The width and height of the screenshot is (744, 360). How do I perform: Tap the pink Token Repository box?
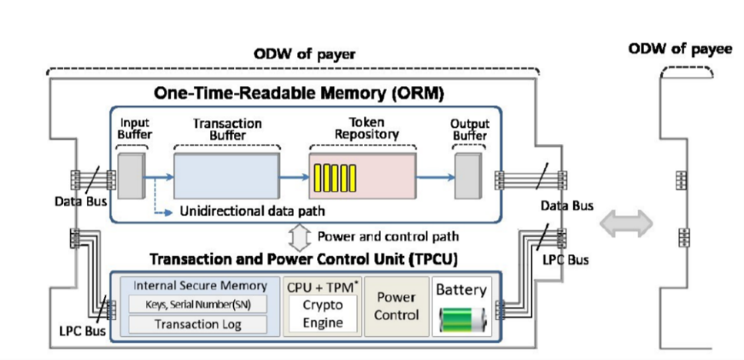362,177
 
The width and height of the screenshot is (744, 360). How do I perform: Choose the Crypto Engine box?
323,313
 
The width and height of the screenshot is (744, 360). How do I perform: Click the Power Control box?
396,305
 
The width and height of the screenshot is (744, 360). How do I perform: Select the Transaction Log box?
198,325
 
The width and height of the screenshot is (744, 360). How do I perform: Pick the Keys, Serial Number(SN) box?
198,304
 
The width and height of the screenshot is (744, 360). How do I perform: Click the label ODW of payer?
305,55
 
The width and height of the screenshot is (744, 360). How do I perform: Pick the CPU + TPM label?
321,286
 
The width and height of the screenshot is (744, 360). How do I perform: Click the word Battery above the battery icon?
461,290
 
